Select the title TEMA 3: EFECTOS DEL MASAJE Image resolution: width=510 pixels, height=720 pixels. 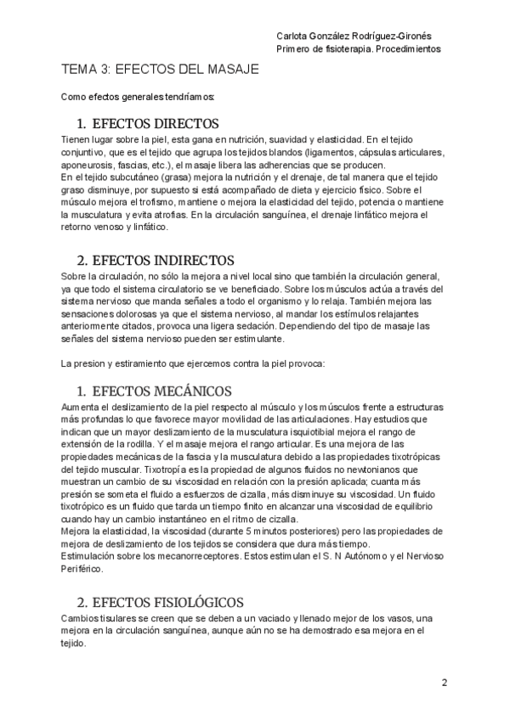pyautogui.click(x=160, y=70)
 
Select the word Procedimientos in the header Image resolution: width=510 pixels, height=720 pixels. pyautogui.click(x=411, y=49)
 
